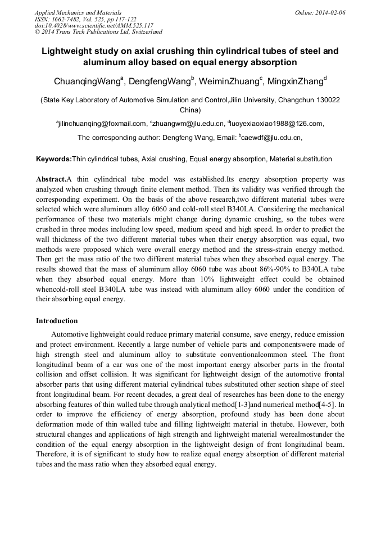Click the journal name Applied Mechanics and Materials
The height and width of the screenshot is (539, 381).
coord(78,12)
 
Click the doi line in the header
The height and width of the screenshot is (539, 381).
coord(94,25)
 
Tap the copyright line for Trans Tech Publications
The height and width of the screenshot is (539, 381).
coord(98,32)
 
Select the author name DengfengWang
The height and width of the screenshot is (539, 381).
coord(161,81)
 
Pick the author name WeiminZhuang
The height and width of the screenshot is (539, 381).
coord(231,81)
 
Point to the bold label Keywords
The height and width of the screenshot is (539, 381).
coord(53,159)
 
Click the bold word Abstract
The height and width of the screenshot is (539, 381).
coord(51,179)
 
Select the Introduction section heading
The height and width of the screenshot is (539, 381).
coord(57,321)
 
